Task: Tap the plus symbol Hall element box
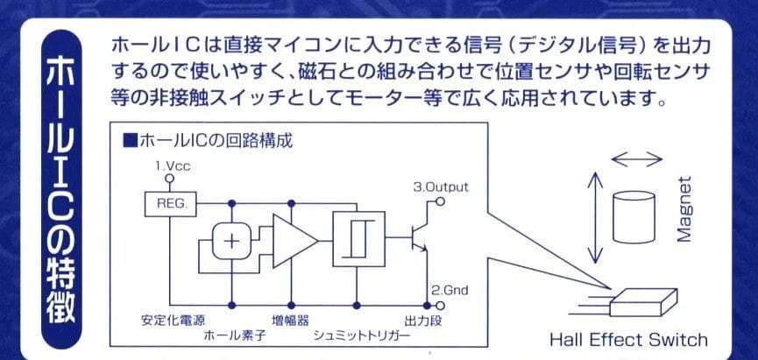231,241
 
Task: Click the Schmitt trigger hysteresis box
357,236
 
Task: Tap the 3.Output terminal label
441,186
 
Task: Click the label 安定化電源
172,318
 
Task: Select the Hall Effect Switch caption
627,339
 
